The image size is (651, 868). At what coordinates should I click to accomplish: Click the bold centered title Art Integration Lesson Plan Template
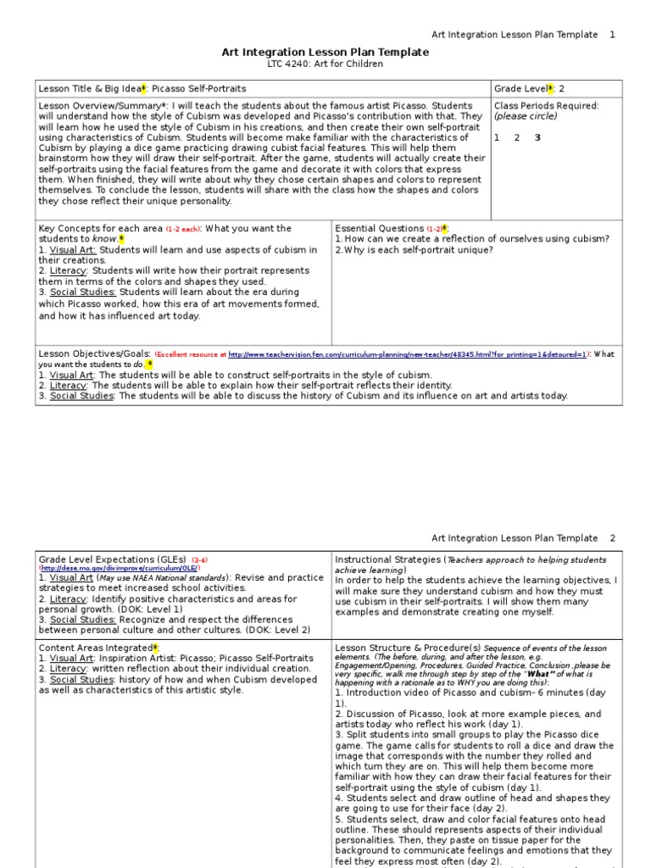pyautogui.click(x=325, y=53)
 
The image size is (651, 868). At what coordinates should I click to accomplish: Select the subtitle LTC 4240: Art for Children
pyautogui.click(x=325, y=64)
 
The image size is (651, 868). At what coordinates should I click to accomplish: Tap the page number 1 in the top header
pyautogui.click(x=612, y=35)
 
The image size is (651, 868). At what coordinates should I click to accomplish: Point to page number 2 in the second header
pyautogui.click(x=612, y=538)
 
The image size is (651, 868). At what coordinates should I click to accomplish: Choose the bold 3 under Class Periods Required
pyautogui.click(x=537, y=137)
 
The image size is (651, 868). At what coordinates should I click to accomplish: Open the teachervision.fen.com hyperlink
pyautogui.click(x=408, y=355)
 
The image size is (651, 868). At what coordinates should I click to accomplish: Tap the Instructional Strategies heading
pyautogui.click(x=387, y=560)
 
